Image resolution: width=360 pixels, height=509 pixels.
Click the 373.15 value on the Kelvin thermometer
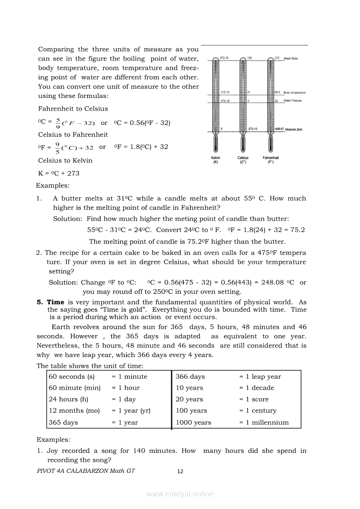[x=224, y=58]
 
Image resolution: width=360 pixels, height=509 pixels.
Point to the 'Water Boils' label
[x=291, y=58]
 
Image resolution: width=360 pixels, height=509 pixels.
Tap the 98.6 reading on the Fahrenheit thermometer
[x=277, y=92]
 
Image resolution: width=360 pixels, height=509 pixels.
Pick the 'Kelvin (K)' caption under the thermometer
[x=216, y=160]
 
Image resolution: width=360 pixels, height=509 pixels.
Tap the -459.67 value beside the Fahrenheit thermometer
[x=279, y=129]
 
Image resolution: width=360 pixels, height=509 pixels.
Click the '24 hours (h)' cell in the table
[x=68, y=399]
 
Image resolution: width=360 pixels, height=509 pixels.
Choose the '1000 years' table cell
[x=194, y=422]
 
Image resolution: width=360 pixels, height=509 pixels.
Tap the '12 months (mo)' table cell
[x=74, y=411]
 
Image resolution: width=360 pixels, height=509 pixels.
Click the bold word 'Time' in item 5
[x=55, y=302]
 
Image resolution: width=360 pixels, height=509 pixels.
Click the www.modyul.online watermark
[x=180, y=494]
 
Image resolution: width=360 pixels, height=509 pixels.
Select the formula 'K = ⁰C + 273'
[x=59, y=173]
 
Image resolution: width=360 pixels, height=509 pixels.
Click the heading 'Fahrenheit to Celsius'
[x=73, y=108]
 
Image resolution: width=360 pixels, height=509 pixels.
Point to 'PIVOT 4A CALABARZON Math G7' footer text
[x=86, y=471]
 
